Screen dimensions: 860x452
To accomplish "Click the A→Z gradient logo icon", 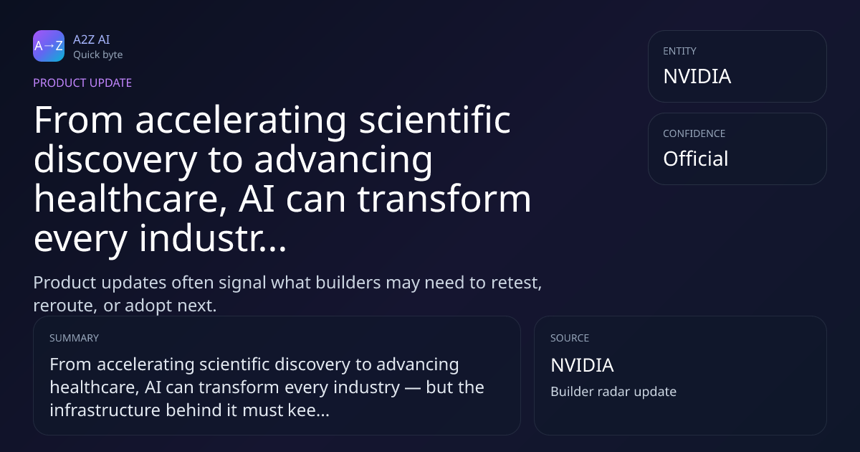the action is coord(49,46).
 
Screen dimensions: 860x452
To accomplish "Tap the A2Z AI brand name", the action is coord(92,39).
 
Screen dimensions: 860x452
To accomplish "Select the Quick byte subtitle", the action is coord(98,55).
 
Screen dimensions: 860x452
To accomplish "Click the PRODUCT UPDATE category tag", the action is coord(82,83).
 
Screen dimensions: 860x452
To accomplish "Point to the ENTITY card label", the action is coord(679,51).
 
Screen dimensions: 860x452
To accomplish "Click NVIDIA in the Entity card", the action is coord(697,76).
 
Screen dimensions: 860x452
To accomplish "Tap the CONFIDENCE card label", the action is coord(694,133).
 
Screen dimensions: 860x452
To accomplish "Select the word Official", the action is coord(696,159).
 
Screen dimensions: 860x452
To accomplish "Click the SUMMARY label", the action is coord(74,338).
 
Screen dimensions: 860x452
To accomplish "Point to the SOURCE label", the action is coord(570,338).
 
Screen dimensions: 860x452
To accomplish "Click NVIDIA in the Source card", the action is coord(582,365).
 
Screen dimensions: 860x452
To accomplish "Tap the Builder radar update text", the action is coord(613,392).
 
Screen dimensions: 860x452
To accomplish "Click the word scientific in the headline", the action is coord(434,120).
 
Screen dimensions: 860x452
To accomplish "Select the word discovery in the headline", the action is coord(115,161).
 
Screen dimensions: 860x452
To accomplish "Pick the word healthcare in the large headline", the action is coord(130,199).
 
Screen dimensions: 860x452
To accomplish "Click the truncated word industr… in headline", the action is coord(213,238).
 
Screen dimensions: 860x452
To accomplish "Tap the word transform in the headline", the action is coord(444,199).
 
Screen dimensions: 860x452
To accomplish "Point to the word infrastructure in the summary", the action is coord(105,410).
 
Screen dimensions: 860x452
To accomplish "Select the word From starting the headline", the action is coord(78,120).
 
